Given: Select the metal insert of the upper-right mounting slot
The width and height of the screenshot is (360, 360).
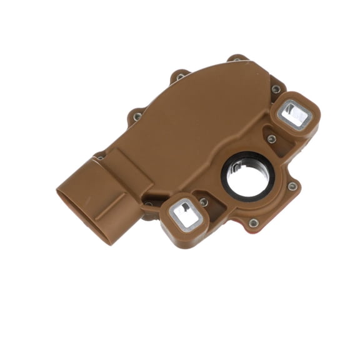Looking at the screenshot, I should pos(293,115).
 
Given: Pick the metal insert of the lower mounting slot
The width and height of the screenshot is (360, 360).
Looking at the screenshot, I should pos(186,214).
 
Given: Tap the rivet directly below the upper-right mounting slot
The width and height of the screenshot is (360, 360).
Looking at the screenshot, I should pos(271,139).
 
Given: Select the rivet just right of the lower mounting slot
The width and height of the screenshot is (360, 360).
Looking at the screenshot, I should pos(203,202).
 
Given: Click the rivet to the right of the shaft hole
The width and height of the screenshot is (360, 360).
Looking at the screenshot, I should pos(291,186).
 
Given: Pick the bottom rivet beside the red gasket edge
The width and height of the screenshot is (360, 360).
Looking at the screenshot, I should pos(252,222).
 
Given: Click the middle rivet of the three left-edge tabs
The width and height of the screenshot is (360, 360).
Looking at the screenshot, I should pos(137,116).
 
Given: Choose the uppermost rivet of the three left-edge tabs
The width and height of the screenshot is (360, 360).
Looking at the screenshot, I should pos(180,77).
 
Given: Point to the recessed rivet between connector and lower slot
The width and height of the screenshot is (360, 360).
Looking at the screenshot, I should pos(149,204).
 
